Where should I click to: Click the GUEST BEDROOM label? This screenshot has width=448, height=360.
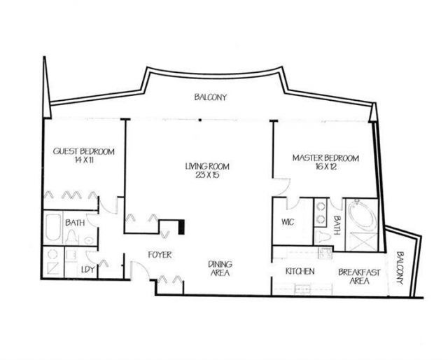pyautogui.click(x=84, y=151)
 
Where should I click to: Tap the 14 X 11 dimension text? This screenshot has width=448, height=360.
pyautogui.click(x=84, y=160)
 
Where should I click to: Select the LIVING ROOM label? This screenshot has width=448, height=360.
pyautogui.click(x=207, y=166)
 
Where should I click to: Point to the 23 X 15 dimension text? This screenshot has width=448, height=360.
pyautogui.click(x=207, y=175)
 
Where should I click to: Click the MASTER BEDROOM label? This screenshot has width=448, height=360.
pyautogui.click(x=325, y=159)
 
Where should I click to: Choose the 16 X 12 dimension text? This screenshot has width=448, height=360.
pyautogui.click(x=325, y=168)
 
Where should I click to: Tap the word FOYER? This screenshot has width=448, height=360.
pyautogui.click(x=160, y=254)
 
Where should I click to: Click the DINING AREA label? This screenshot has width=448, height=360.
pyautogui.click(x=220, y=268)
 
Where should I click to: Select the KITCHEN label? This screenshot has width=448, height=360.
pyautogui.click(x=300, y=271)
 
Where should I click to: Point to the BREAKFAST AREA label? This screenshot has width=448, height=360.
pyautogui.click(x=353, y=276)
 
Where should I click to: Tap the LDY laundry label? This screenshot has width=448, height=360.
pyautogui.click(x=87, y=270)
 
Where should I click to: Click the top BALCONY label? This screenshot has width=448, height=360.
pyautogui.click(x=211, y=97)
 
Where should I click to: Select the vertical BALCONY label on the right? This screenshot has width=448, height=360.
pyautogui.click(x=400, y=268)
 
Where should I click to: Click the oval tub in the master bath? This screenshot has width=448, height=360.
pyautogui.click(x=362, y=218)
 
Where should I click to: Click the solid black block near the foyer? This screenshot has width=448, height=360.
pyautogui.click(x=181, y=228)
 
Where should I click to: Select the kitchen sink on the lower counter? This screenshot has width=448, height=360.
pyautogui.click(x=303, y=287)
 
